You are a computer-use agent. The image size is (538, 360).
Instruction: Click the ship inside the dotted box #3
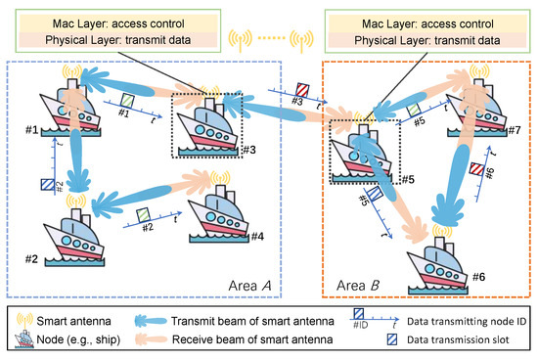pos(209,128)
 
